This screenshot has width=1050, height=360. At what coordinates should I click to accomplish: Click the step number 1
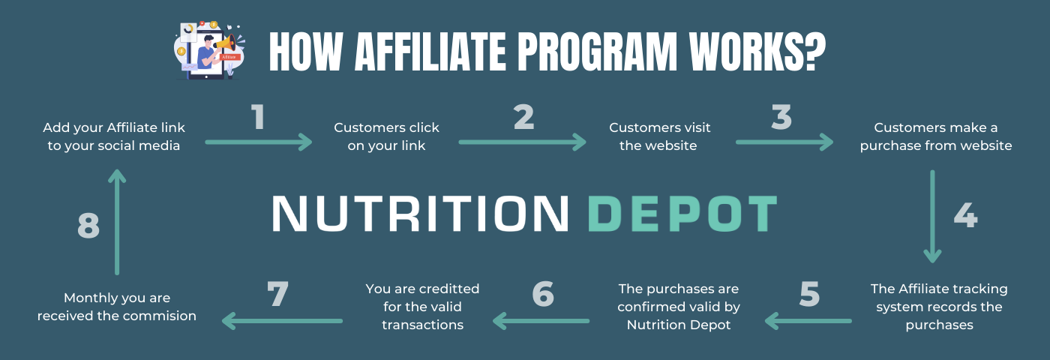(x=258, y=117)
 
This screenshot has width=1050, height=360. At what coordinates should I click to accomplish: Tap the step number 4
(x=966, y=216)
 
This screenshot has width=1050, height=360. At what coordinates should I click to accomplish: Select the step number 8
(x=88, y=226)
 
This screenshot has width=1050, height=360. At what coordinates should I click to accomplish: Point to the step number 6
(x=543, y=294)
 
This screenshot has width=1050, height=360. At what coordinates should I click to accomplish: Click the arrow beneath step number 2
(x=522, y=142)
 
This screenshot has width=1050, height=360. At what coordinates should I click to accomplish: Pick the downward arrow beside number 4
(x=932, y=217)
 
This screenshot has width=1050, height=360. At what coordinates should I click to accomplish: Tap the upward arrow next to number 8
(x=117, y=222)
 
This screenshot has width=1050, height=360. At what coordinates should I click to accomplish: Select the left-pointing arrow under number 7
(x=282, y=321)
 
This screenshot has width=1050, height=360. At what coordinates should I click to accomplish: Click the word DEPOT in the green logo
(x=682, y=214)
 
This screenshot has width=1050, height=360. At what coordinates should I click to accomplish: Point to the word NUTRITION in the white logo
(x=420, y=214)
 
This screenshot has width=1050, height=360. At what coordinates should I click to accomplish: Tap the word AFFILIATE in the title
(x=430, y=52)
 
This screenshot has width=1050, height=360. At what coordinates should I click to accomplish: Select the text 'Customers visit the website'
(x=659, y=136)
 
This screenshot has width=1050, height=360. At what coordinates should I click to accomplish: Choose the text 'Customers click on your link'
(x=386, y=136)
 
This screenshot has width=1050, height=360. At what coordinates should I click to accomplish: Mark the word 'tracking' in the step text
(x=983, y=289)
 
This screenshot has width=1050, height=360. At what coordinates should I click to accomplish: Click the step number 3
(x=781, y=117)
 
